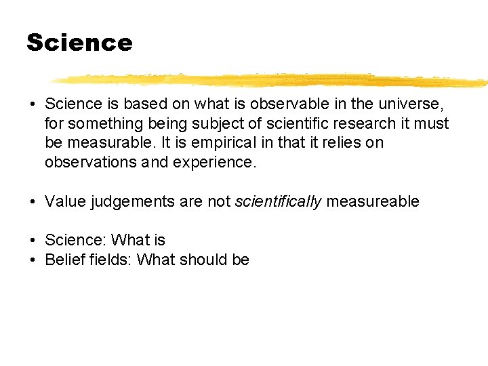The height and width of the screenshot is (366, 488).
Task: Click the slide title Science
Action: (79, 43)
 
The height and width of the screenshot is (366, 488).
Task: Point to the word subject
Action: (211, 123)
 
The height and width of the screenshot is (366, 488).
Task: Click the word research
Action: (363, 123)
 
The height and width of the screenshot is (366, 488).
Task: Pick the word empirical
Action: (209, 143)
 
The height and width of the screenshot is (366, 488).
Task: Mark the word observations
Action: (89, 163)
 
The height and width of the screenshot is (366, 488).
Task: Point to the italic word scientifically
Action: (278, 201)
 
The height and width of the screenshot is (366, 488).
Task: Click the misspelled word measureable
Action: (373, 201)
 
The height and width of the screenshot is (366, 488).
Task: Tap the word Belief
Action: (64, 260)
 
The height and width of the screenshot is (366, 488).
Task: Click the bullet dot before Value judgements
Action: (33, 201)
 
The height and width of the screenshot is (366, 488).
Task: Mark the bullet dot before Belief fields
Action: (33, 260)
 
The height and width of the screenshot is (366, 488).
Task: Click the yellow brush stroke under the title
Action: (271, 80)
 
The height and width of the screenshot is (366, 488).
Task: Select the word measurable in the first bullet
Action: (103, 143)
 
